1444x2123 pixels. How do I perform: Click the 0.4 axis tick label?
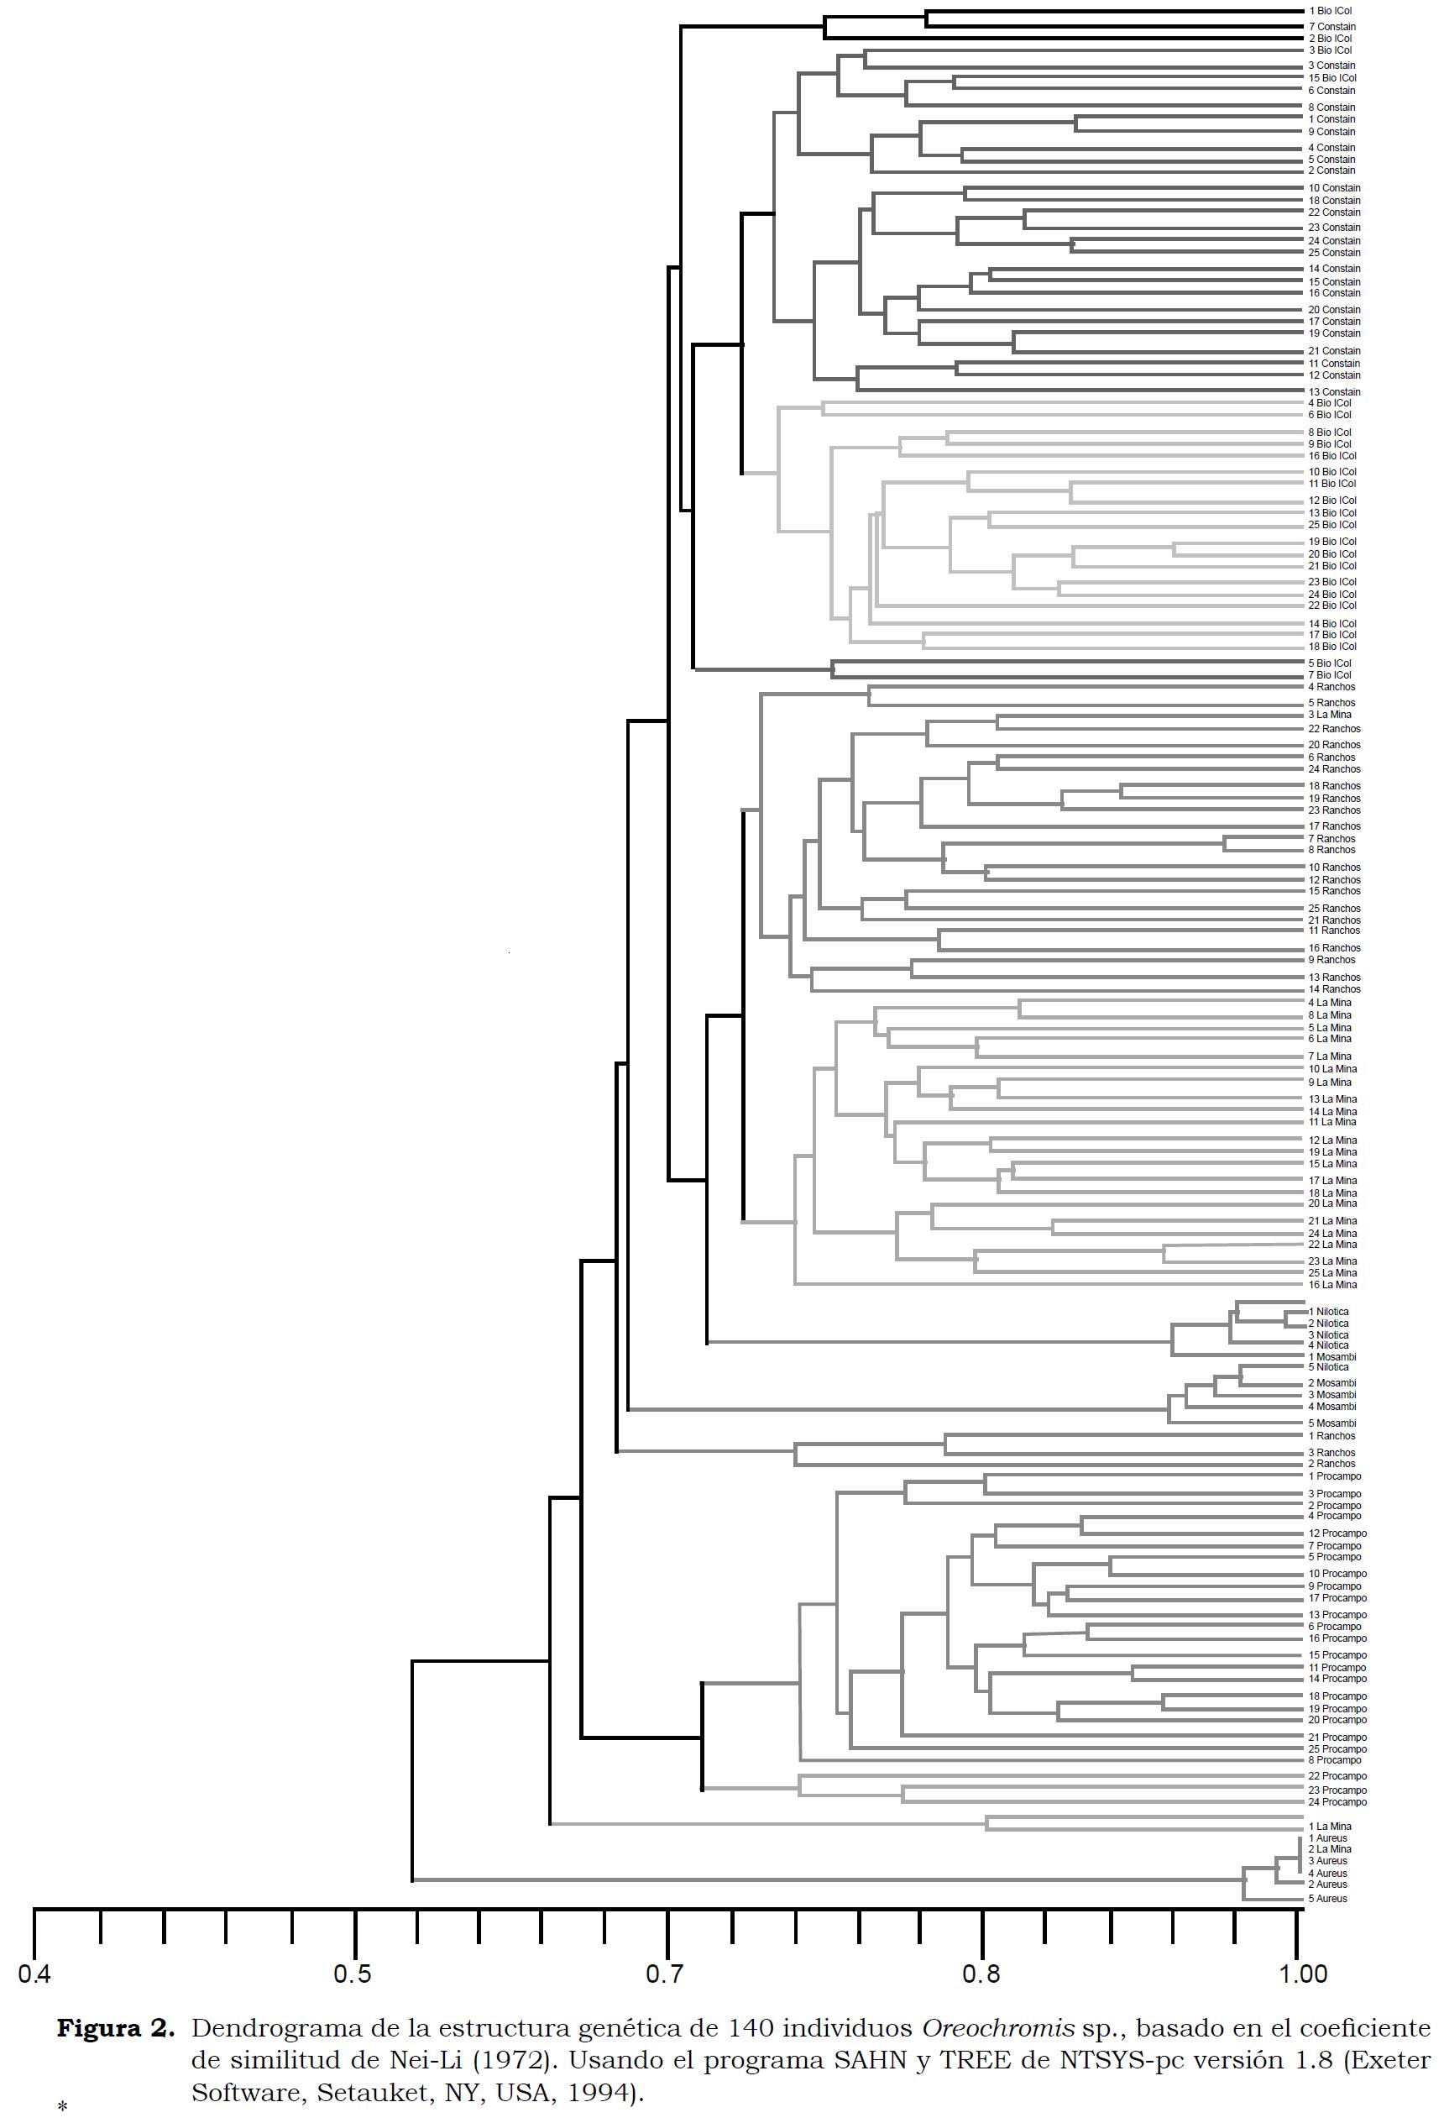tap(34, 1974)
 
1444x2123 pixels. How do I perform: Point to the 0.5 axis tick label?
tap(353, 1974)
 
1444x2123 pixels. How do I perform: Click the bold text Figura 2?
tap(115, 2030)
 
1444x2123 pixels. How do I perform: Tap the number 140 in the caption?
tap(751, 2030)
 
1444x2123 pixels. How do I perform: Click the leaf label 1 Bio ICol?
tap(1330, 11)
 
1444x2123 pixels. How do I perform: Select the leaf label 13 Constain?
tap(1334, 392)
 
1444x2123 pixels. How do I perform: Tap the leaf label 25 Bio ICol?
tap(1332, 524)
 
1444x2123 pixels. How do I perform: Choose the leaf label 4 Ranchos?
tap(1332, 687)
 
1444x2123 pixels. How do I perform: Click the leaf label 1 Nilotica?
tap(1328, 1312)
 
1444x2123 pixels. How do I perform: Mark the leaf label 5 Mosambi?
tap(1332, 1423)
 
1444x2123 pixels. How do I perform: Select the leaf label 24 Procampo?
tap(1337, 1802)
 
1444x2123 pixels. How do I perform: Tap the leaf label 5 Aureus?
tap(1328, 1898)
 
